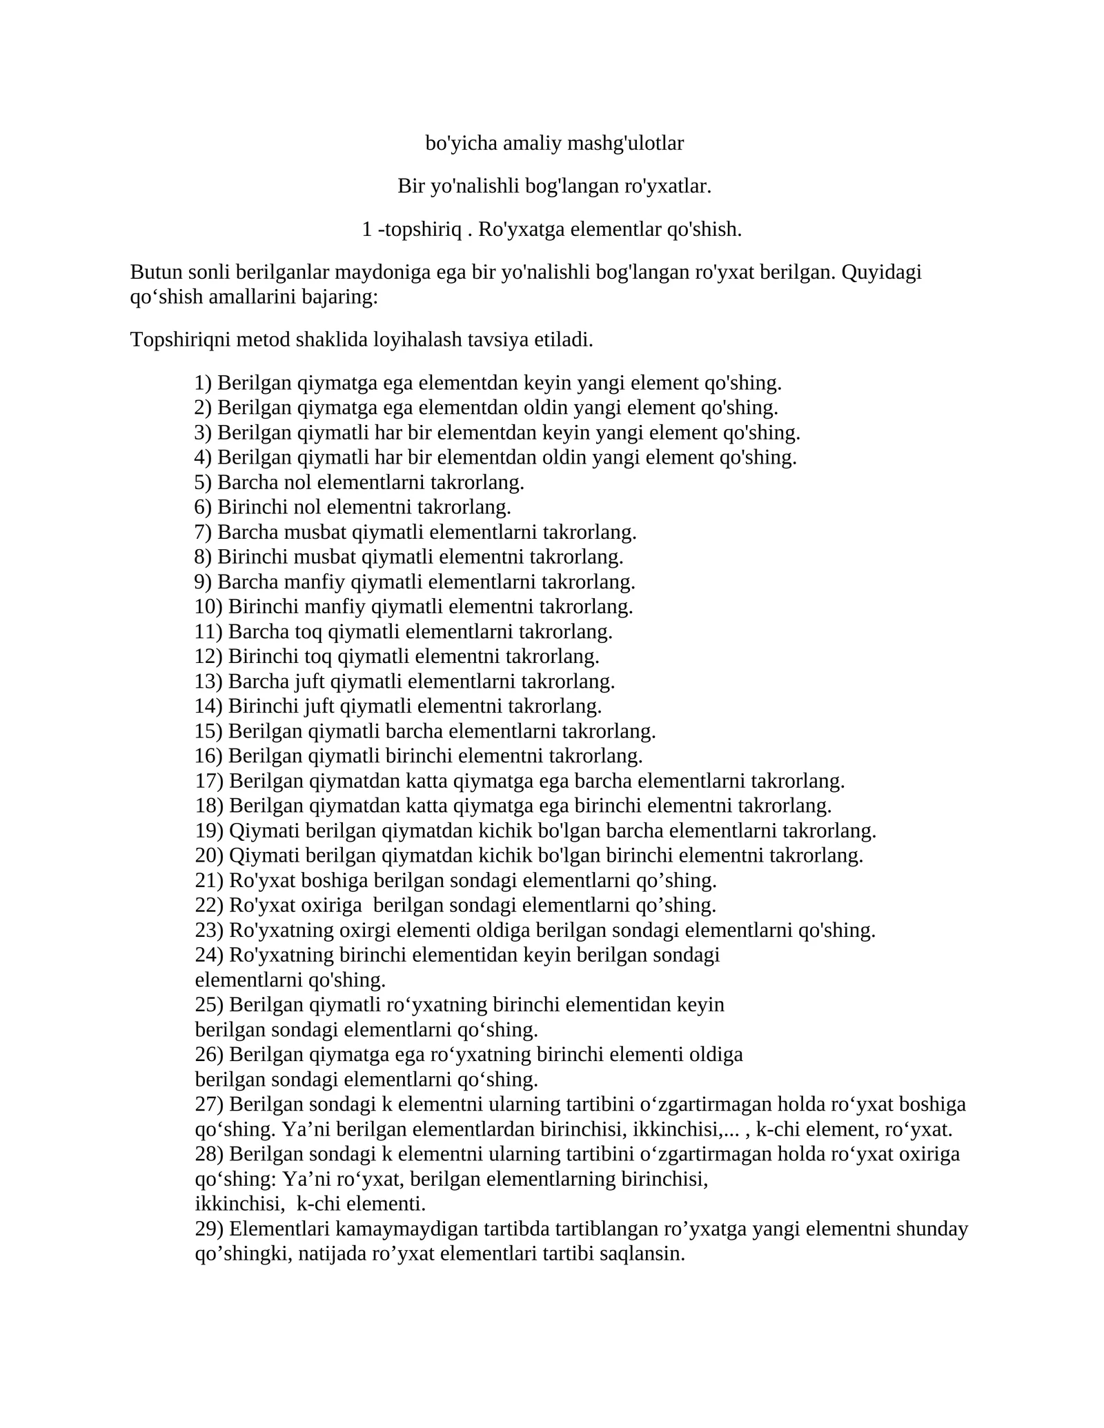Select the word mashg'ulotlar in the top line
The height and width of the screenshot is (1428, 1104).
coord(625,143)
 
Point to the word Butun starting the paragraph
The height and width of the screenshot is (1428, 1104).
coord(156,272)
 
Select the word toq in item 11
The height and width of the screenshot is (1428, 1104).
coord(309,632)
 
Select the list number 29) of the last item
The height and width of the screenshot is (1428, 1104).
coord(209,1229)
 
